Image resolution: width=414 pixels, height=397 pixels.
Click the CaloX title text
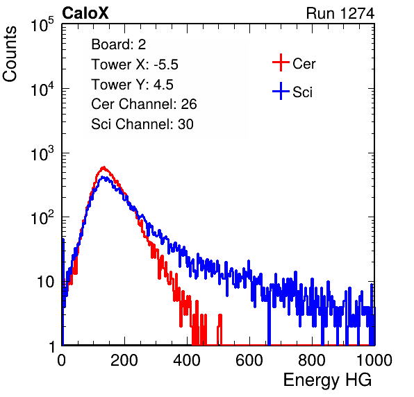(85, 13)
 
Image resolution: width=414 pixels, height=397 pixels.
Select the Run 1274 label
(340, 13)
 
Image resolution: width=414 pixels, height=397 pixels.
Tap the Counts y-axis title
(10, 54)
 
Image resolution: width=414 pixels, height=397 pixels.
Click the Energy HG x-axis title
(327, 380)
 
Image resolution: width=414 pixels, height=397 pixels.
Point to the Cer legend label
(304, 64)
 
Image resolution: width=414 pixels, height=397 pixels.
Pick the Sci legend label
(302, 92)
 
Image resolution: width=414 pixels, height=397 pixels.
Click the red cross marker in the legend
(281, 62)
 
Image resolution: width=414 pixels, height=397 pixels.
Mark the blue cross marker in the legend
(281, 91)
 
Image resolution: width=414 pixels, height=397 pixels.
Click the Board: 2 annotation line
(118, 44)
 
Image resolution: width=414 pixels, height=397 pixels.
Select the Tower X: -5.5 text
(135, 65)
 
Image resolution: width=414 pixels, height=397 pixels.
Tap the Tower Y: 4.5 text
(132, 85)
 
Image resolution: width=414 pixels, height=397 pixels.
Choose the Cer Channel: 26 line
(144, 104)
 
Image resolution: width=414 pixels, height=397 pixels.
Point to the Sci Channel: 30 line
(142, 124)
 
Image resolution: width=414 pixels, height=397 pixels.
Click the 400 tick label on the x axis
(187, 360)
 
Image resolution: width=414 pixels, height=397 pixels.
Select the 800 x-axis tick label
(312, 360)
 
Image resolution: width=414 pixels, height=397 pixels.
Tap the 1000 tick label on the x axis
(374, 360)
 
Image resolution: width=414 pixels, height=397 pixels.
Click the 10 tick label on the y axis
(46, 282)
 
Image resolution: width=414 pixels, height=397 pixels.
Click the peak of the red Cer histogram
(104, 167)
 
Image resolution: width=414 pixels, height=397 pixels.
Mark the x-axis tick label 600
(249, 360)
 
